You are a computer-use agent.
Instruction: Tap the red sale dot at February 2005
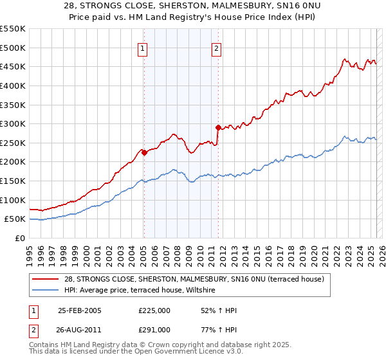tap(144, 152)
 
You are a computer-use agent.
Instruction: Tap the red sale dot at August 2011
tap(218, 127)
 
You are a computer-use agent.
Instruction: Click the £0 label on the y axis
tap(21, 238)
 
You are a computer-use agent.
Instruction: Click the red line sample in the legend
tap(46, 279)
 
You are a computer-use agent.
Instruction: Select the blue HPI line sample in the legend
tap(46, 291)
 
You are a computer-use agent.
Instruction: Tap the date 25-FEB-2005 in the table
tap(80, 310)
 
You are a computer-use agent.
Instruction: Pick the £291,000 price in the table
tap(154, 330)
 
